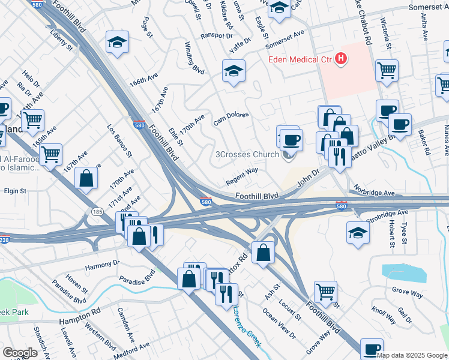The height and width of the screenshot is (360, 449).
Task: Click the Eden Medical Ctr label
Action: [x=300, y=59]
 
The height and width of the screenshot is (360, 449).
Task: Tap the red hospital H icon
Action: [x=341, y=58]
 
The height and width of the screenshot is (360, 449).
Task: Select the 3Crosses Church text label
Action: [x=247, y=154]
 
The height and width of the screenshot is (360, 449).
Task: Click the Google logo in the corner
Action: [x=20, y=353]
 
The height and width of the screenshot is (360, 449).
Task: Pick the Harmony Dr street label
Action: [x=103, y=264]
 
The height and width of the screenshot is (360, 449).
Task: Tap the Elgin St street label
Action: [x=15, y=191]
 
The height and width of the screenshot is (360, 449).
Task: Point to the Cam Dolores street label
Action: [x=231, y=118]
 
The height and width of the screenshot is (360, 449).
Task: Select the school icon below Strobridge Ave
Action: [x=358, y=232]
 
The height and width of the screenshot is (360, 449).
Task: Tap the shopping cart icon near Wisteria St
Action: [x=387, y=70]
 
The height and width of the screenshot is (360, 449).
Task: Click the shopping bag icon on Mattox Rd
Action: [x=263, y=252]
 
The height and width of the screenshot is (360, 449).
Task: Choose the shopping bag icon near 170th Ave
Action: [x=86, y=178]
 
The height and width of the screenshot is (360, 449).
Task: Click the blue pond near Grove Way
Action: [x=404, y=272]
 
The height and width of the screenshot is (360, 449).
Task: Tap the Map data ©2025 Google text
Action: [x=412, y=355]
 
